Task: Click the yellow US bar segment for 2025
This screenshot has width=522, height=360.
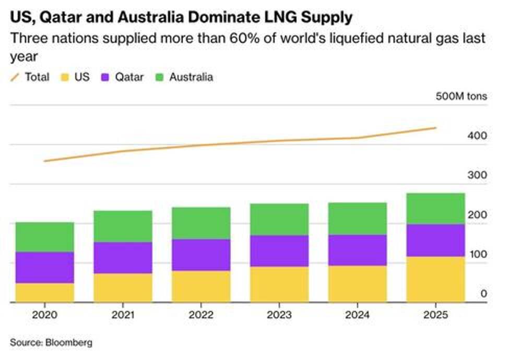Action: click(435, 279)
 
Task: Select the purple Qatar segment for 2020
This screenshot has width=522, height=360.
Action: click(44, 267)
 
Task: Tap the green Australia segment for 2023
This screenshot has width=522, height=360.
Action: click(279, 219)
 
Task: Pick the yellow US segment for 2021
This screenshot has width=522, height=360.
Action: click(123, 287)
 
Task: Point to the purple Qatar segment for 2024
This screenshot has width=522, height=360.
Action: click(358, 250)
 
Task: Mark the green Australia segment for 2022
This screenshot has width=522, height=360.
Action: click(201, 223)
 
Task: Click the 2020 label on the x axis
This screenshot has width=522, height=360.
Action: click(44, 315)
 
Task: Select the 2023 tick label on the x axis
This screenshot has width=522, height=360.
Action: click(279, 315)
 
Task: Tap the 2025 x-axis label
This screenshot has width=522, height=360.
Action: click(435, 315)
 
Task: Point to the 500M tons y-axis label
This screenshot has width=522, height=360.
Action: click(461, 97)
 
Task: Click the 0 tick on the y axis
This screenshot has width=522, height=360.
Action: click(483, 294)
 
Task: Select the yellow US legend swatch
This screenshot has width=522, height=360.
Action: click(65, 77)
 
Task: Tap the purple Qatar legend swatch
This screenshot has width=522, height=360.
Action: click(105, 77)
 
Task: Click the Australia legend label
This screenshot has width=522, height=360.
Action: click(191, 77)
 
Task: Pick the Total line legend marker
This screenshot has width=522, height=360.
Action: click(15, 77)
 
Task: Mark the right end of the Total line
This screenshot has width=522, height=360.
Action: click(436, 128)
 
